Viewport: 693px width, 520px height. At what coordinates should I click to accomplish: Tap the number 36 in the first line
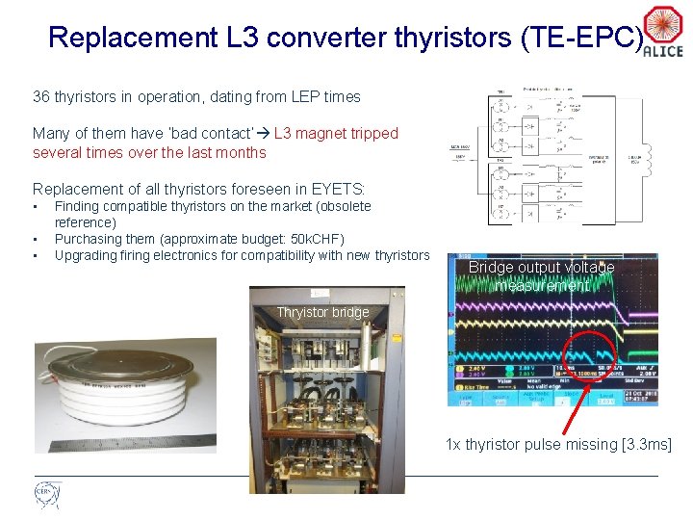[x=41, y=96]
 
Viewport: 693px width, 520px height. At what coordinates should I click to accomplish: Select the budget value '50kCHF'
[x=312, y=239]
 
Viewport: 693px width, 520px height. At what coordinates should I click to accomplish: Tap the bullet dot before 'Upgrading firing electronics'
[x=36, y=256]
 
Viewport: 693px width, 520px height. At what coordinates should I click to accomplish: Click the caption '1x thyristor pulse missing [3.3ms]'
[x=558, y=444]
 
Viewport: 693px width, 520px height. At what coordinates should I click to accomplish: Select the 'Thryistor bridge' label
[x=322, y=312]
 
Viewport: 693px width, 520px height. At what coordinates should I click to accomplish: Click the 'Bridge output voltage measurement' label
[x=541, y=276]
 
